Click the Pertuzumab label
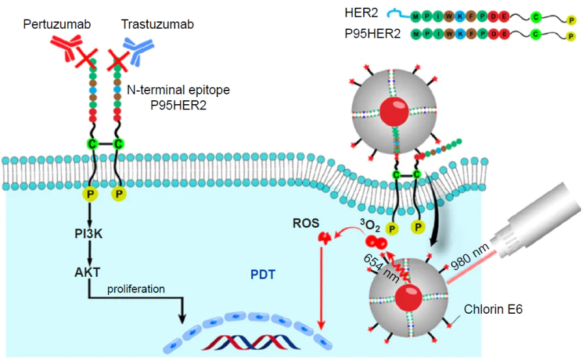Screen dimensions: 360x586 pyautogui.click(x=57, y=25)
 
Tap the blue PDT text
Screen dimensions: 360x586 pyautogui.click(x=262, y=275)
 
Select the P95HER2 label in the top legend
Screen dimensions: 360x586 pyautogui.click(x=372, y=34)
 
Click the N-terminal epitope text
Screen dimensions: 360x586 pyautogui.click(x=178, y=90)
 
